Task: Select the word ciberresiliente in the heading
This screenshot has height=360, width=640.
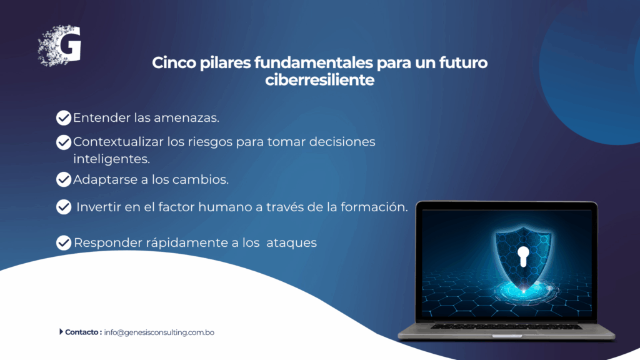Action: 319,80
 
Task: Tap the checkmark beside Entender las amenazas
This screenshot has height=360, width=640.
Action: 64,117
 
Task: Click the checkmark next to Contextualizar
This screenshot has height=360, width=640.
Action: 64,142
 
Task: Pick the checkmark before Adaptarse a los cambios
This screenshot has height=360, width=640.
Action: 64,180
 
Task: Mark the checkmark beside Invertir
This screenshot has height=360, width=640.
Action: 64,207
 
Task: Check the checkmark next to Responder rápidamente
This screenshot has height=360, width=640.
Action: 64,242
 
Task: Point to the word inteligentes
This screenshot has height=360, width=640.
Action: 111,159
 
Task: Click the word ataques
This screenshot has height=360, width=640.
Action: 291,242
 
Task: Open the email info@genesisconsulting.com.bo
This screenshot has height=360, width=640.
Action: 159,332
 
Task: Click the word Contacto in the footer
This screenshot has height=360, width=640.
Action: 81,332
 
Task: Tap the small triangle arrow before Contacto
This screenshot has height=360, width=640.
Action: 61,332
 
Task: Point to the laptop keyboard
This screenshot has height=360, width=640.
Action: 506,326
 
